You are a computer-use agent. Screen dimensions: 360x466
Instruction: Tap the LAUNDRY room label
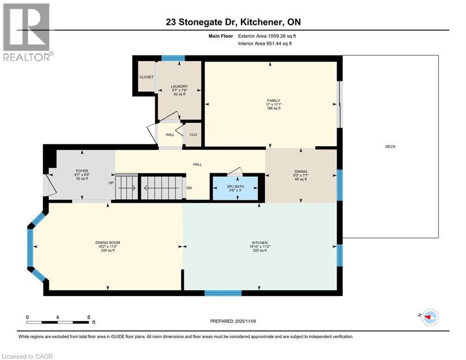179,86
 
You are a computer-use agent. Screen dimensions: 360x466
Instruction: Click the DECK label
390,147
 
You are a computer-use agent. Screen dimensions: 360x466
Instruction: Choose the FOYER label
82,171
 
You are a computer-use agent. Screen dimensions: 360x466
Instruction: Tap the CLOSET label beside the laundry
146,77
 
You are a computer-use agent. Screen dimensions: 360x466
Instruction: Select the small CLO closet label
193,134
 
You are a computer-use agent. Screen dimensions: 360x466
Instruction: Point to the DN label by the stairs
189,188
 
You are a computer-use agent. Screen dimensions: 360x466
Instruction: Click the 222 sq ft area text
259,250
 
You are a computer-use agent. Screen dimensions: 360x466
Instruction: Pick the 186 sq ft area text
273,108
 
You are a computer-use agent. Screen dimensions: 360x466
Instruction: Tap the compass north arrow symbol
428,317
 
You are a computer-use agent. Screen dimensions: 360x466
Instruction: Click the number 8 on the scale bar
88,317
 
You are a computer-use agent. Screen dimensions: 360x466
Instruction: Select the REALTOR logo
27,32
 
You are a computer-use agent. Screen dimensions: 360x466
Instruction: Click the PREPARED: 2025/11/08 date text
234,321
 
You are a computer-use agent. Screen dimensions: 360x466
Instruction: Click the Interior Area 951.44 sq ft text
265,44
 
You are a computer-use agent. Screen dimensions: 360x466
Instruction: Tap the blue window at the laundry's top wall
172,58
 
